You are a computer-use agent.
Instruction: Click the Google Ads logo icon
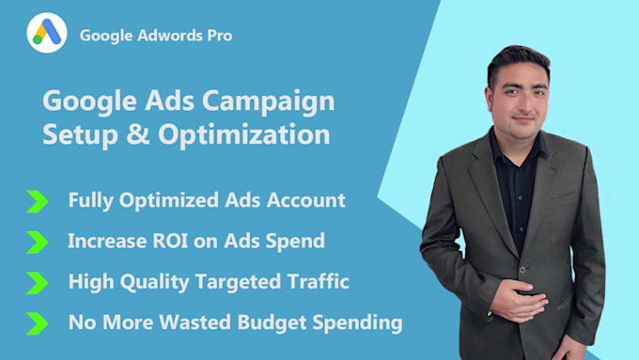click(47, 35)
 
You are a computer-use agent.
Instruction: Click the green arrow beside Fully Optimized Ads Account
click(37, 200)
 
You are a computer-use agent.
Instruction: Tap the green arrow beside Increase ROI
click(37, 241)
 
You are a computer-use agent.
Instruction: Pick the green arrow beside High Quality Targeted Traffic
click(37, 282)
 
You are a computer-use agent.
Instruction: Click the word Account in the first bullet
click(309, 200)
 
